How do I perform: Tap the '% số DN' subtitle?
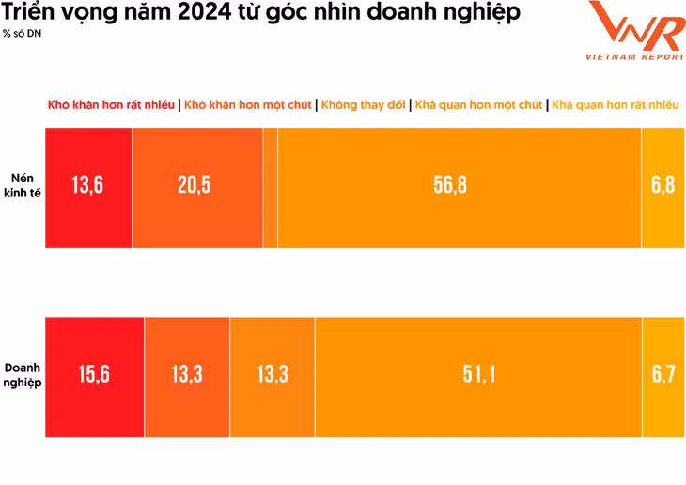23,35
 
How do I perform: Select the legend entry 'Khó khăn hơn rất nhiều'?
111,105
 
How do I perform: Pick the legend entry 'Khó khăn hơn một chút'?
248,105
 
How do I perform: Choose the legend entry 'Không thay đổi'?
363,105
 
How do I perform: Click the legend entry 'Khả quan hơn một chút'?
478,105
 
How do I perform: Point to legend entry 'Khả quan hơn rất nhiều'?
615,105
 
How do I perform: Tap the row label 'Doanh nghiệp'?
23,375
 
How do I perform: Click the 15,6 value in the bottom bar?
93,375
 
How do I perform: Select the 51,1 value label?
478,375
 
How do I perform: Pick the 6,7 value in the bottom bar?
663,375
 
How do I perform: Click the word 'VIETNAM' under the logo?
611,57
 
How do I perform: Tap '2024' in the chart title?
198,13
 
